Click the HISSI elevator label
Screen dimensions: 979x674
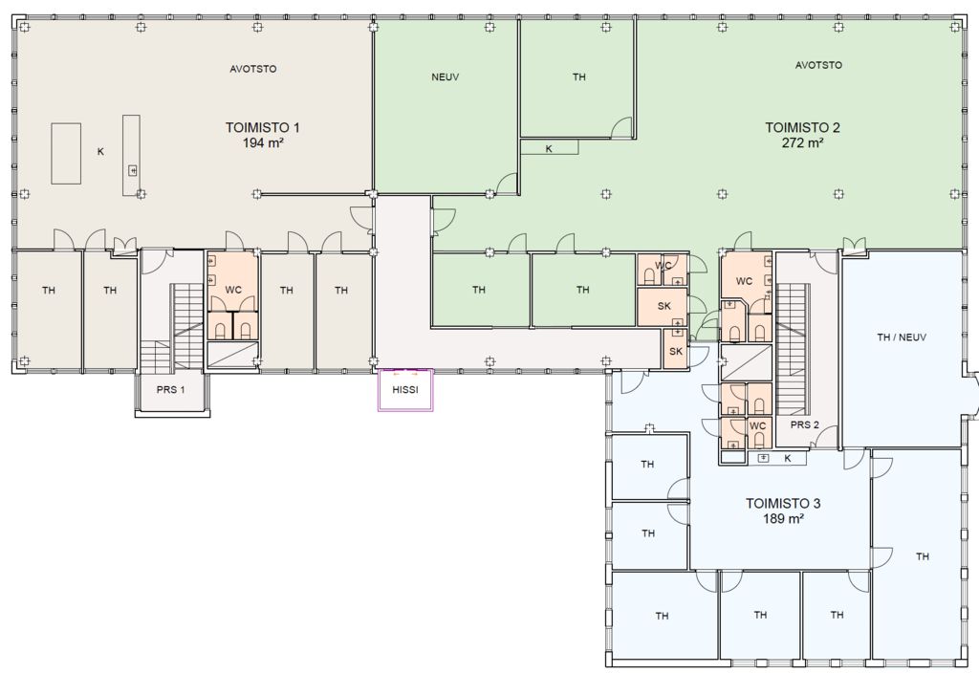pos(405,390)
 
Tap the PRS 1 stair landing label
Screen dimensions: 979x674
pos(170,390)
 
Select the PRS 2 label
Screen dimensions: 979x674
pos(804,425)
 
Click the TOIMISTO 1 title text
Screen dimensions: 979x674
pos(262,128)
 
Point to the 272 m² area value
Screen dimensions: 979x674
pos(802,142)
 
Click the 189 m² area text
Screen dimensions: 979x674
pos(783,518)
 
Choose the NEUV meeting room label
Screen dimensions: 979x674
pos(446,77)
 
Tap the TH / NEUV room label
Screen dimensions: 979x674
pos(902,337)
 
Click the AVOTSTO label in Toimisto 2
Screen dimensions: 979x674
pos(818,65)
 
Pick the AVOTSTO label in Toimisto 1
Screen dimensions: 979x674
pos(252,69)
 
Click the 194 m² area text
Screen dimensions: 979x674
pos(264,143)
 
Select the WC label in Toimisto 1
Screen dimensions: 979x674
pos(233,291)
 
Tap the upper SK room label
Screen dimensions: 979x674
pos(664,307)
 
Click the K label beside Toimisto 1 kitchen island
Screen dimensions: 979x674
pos(100,152)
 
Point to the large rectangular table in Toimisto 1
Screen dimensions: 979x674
pos(66,154)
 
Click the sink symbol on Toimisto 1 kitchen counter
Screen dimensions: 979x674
pos(132,170)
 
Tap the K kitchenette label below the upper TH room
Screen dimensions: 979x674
pos(549,149)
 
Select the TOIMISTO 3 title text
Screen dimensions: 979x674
pos(783,504)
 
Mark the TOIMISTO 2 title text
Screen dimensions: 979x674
pos(802,128)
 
